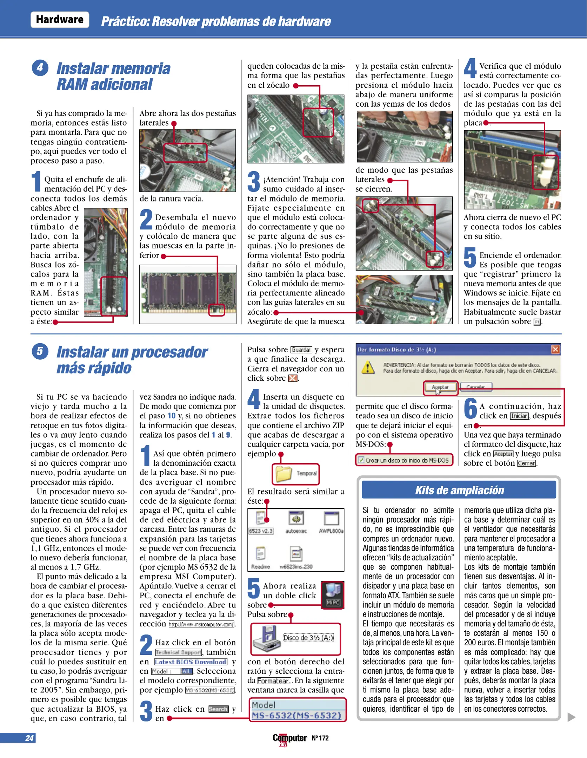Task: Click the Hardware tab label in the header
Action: click(x=60, y=20)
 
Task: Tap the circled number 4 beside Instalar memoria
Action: click(x=40, y=68)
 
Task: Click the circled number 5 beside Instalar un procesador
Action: click(x=40, y=351)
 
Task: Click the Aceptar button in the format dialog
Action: click(x=440, y=387)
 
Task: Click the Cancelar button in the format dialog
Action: click(x=476, y=387)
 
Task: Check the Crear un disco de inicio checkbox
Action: click(x=361, y=460)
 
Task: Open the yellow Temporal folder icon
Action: click(x=284, y=474)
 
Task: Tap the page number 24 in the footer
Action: click(x=29, y=738)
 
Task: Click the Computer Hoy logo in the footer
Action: click(x=289, y=738)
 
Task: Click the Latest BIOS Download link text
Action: click(x=191, y=662)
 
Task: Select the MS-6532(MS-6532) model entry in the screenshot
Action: click(x=297, y=715)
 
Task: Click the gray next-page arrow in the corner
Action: click(x=571, y=717)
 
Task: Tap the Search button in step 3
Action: click(x=218, y=709)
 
